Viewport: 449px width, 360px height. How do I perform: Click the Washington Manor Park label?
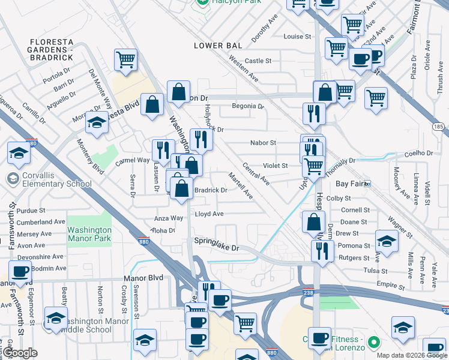coord(89,234)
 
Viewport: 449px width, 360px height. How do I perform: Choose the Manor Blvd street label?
coord(143,278)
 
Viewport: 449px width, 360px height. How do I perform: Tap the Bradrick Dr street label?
coord(210,190)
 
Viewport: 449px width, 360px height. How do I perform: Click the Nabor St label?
coord(263,143)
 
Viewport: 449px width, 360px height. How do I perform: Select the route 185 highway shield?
coord(438,127)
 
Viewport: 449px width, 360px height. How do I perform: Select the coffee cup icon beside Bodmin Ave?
coord(19,271)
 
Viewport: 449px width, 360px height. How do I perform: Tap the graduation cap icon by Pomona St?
coord(387,241)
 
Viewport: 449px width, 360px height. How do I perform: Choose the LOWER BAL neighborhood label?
coord(217,46)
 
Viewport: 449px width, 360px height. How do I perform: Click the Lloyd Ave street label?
coord(209,214)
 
